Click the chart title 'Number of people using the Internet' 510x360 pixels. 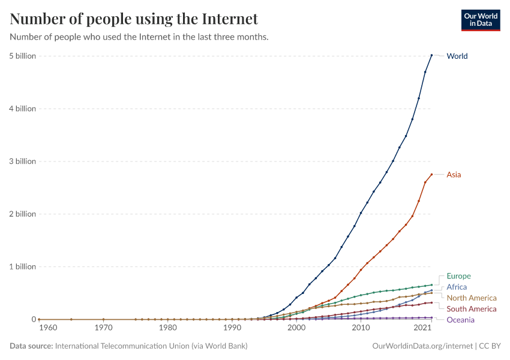(x=134, y=19)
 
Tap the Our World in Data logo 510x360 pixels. (x=480, y=20)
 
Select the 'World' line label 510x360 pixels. (x=457, y=56)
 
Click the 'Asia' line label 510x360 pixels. (x=454, y=175)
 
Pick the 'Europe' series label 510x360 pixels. (x=458, y=276)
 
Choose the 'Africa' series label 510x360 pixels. (x=457, y=287)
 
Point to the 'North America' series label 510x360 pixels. (x=472, y=298)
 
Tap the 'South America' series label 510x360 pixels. (x=472, y=308)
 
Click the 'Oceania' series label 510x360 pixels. (x=460, y=320)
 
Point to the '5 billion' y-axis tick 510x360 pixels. (x=22, y=56)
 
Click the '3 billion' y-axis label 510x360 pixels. (x=22, y=161)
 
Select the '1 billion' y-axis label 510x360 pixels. (x=22, y=266)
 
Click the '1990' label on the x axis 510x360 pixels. (x=232, y=328)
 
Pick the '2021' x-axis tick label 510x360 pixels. (x=424, y=328)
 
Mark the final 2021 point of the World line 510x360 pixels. (x=431, y=55)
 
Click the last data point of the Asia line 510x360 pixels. (x=431, y=175)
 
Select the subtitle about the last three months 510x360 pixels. (x=139, y=37)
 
